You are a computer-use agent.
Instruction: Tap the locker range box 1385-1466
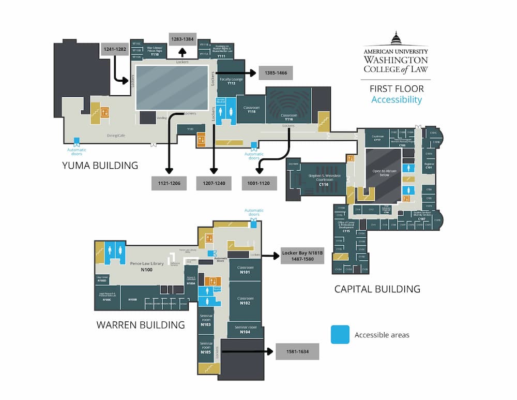point(275,73)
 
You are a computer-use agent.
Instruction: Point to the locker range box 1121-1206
point(169,183)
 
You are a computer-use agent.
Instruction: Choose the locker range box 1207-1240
point(214,183)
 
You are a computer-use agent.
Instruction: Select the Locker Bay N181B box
point(302,256)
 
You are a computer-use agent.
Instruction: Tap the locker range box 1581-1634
point(297,351)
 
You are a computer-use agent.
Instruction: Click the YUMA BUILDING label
point(100,166)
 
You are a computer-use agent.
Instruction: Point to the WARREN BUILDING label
point(141,325)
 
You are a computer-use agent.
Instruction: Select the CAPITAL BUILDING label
point(377,289)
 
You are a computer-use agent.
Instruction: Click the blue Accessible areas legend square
point(340,334)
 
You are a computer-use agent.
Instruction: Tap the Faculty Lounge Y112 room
point(231,81)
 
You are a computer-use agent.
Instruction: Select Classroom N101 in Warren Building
point(245,270)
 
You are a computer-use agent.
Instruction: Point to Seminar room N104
point(245,330)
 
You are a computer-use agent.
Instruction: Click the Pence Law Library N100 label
point(147,266)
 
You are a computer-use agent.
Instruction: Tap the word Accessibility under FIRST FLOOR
point(397,100)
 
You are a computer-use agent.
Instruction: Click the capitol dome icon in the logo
point(396,39)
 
